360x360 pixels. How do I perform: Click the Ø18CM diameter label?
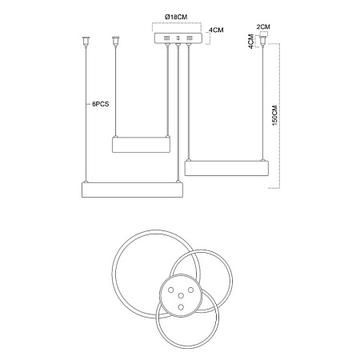click(176, 17)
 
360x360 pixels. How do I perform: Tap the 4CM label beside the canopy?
click(216, 30)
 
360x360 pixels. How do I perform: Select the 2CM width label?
click(263, 26)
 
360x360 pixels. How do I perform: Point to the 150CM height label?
click(274, 115)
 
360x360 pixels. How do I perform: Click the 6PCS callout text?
click(101, 104)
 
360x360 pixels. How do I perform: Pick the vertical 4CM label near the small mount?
click(251, 41)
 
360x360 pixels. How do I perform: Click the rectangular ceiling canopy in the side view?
click(178, 38)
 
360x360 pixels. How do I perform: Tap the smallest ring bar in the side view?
click(141, 144)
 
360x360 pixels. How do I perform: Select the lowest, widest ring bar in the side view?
click(132, 190)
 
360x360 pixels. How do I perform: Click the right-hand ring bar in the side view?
click(226, 168)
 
